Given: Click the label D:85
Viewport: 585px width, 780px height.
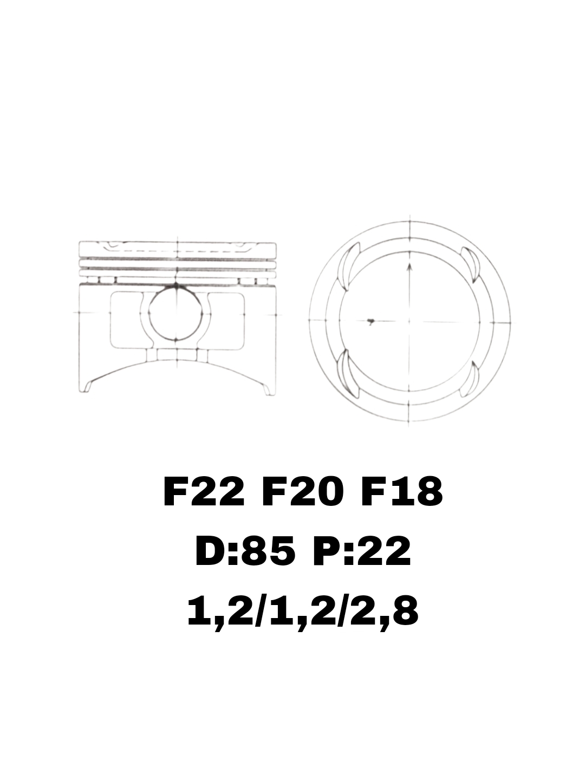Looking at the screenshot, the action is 245,552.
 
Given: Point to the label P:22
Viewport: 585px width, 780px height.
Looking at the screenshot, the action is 362,552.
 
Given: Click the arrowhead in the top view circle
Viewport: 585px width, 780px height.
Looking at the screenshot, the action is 409,268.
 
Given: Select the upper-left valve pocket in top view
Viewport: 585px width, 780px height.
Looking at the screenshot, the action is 349,266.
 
